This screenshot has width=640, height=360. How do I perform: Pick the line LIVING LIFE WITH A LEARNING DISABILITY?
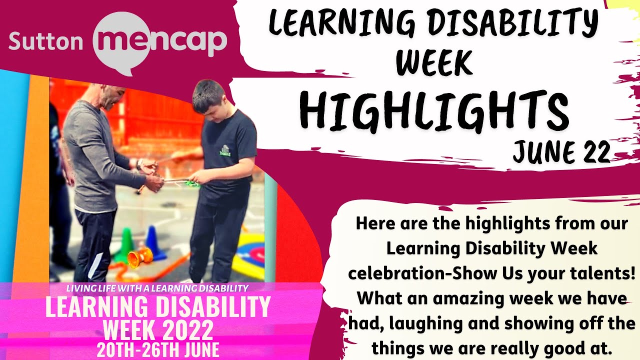coord(157,288)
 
